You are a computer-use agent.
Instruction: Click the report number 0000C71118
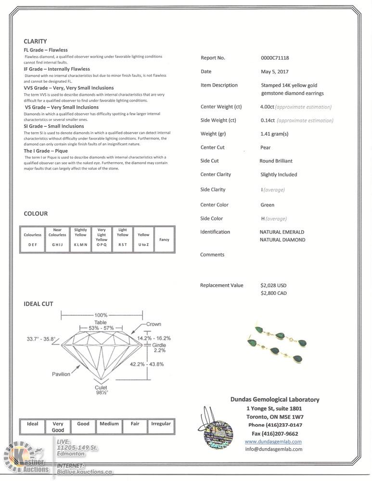[274, 58]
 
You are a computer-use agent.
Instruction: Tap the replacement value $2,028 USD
[273, 285]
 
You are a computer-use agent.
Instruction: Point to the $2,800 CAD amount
[273, 293]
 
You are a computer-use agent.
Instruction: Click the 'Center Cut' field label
[212, 148]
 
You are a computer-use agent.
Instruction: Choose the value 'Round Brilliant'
[276, 161]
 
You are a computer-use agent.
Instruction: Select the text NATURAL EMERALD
[282, 232]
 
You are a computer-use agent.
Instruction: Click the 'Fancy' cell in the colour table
[164, 240]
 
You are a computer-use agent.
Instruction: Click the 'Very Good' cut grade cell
[58, 427]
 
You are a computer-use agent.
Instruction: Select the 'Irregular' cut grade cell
[161, 424]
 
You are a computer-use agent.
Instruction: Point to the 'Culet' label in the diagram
[101, 387]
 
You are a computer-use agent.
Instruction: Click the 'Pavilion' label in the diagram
[61, 374]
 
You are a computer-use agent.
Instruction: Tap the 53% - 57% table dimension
[101, 328]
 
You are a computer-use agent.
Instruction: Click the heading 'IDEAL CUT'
[38, 304]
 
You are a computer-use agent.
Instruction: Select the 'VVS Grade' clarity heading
[69, 88]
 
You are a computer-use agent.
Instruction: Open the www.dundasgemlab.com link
[273, 442]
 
